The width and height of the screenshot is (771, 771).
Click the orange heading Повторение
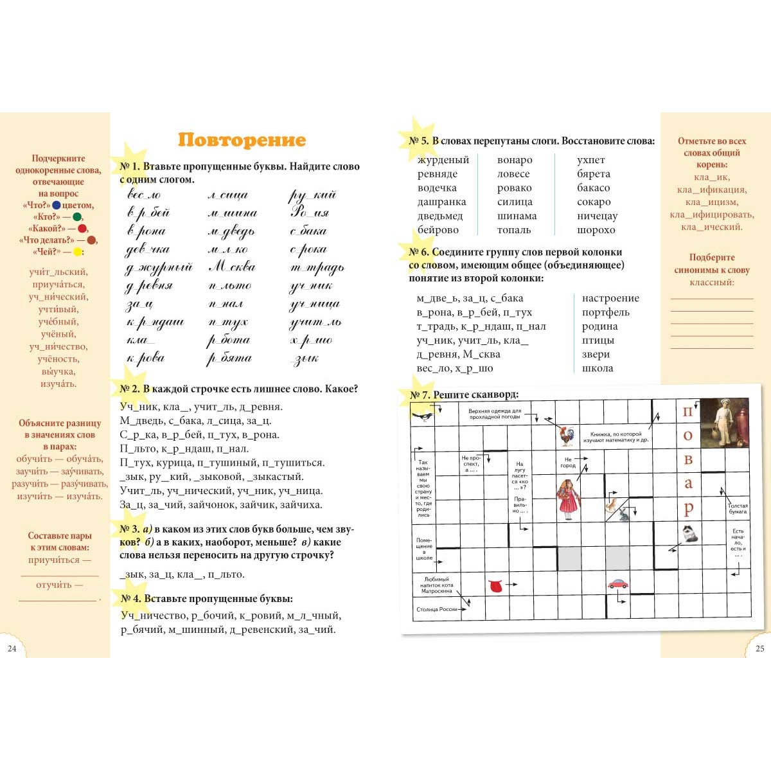click(242, 140)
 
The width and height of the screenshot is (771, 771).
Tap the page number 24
click(12, 649)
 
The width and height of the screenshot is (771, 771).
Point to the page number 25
click(760, 649)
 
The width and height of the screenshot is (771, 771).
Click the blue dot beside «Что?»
click(57, 206)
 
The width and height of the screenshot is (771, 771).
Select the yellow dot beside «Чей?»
click(77, 252)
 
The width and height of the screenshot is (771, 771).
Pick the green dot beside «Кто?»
click(77, 217)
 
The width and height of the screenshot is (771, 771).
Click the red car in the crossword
click(617, 584)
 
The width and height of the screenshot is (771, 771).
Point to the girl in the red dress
click(568, 499)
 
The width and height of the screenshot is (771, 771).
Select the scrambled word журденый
click(443, 160)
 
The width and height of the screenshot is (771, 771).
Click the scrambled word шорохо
click(596, 230)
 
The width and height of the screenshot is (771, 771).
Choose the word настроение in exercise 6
click(610, 298)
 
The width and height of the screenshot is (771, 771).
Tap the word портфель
click(605, 312)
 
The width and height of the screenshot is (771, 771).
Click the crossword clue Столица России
click(437, 609)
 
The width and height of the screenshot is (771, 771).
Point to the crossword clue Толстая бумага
click(738, 509)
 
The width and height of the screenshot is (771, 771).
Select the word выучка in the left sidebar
click(58, 371)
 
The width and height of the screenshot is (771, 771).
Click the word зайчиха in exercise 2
click(301, 505)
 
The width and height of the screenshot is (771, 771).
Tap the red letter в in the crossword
click(688, 459)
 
